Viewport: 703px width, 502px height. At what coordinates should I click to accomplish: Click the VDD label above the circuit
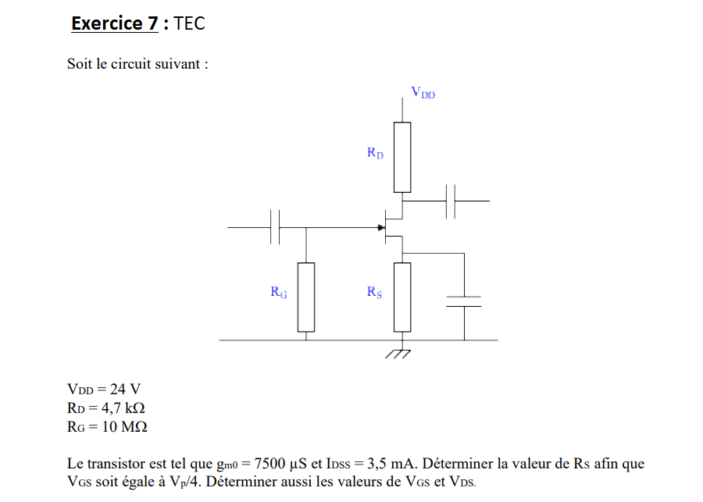(x=423, y=93)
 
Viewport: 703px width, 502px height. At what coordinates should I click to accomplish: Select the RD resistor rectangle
(x=402, y=157)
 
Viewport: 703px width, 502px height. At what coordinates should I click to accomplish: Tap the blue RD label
(x=375, y=153)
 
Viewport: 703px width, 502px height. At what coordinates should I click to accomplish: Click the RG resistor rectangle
(x=306, y=297)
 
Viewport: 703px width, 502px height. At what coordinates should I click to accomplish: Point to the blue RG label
(x=278, y=293)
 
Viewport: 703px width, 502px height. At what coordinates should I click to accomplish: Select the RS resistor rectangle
(x=402, y=297)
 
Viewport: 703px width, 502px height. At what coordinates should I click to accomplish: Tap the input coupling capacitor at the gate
(x=275, y=227)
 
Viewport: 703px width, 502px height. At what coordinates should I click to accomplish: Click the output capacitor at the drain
(x=451, y=201)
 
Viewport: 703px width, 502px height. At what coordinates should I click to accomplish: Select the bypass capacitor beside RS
(x=464, y=302)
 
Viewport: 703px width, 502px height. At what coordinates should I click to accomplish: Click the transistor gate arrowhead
(x=382, y=227)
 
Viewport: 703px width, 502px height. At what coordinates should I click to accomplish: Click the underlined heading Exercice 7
(x=114, y=23)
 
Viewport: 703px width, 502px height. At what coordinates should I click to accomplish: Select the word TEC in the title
(x=190, y=23)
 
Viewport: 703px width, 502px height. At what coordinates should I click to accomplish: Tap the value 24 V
(x=125, y=389)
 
